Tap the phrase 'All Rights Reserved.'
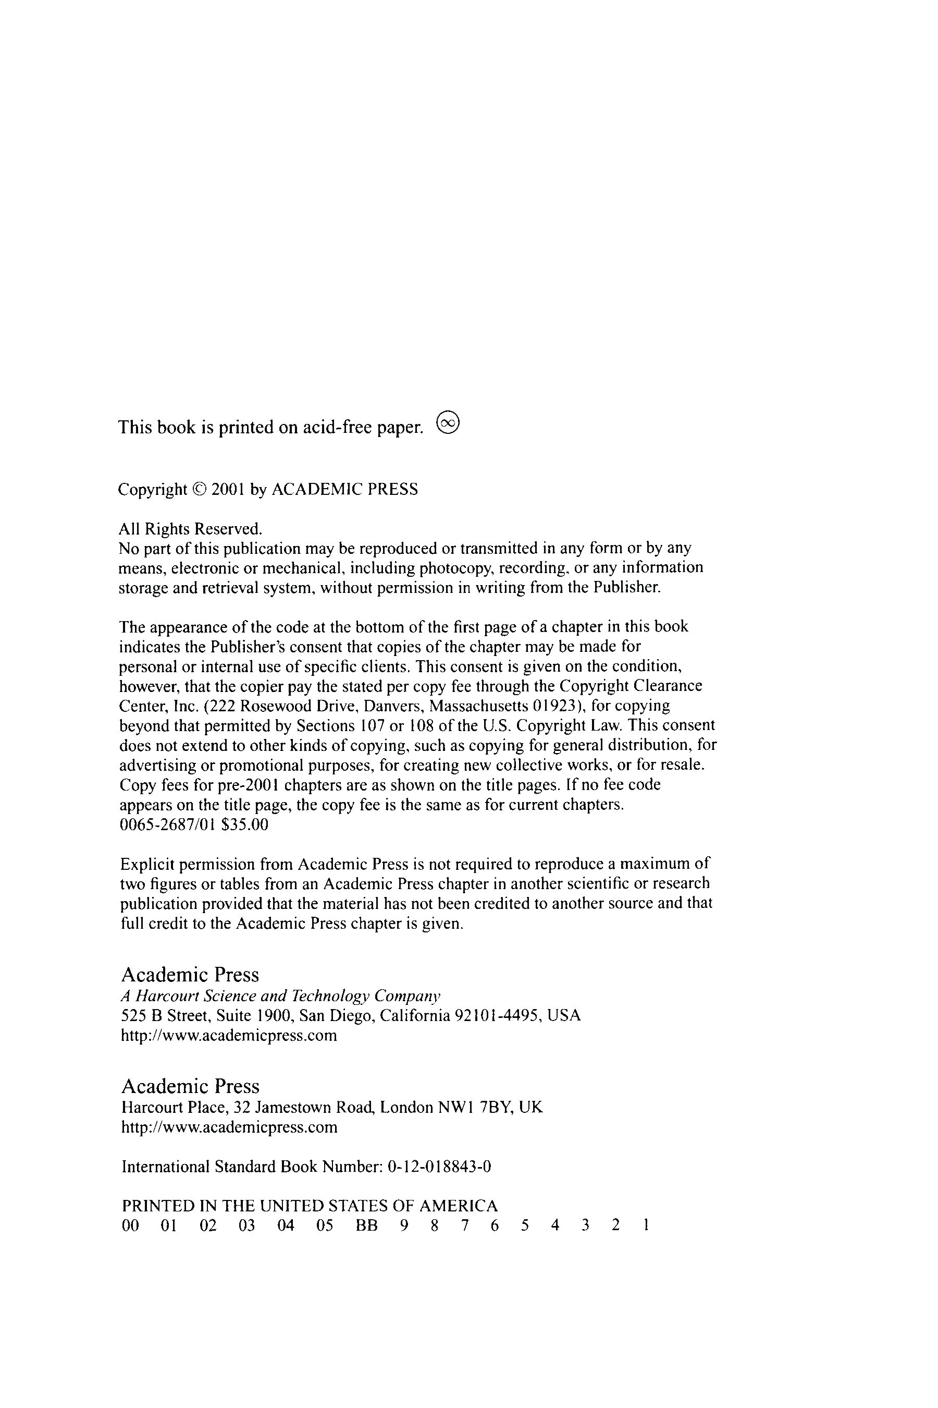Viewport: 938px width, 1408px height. click(x=190, y=529)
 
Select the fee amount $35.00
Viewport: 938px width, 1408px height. click(x=245, y=825)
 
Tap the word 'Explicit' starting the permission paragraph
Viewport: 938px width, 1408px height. click(x=147, y=865)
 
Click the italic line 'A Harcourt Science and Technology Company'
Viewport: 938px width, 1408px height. click(x=280, y=996)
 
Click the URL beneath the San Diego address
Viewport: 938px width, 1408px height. click(x=229, y=1036)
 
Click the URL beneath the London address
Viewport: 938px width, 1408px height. click(x=229, y=1128)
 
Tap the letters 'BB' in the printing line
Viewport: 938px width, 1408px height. click(x=367, y=1226)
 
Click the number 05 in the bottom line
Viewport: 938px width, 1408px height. click(x=325, y=1226)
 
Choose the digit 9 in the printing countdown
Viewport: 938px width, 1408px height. click(x=404, y=1226)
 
